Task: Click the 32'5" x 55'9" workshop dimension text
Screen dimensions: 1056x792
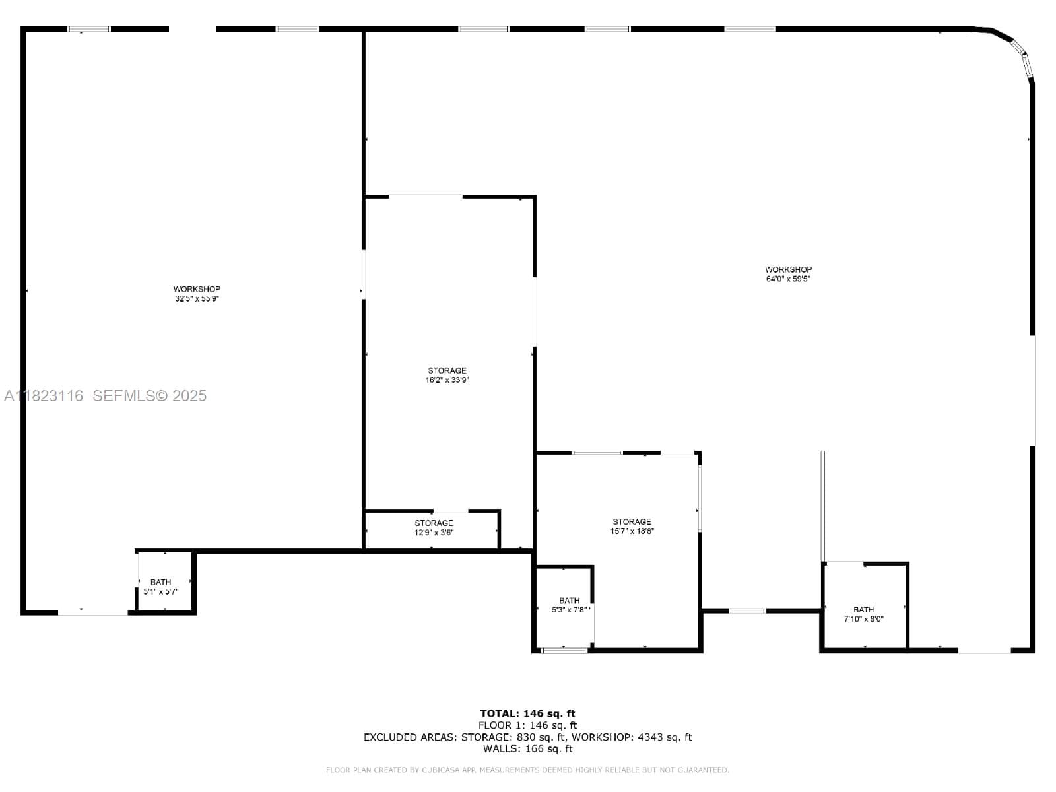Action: tap(197, 298)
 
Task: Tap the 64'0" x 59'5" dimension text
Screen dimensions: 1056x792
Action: tap(788, 279)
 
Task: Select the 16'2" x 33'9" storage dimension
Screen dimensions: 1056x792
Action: tap(447, 380)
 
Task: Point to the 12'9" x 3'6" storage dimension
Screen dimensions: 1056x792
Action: tap(434, 533)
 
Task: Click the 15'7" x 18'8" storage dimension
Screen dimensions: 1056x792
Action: tap(632, 531)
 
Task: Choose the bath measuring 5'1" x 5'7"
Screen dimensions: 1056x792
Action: tap(160, 587)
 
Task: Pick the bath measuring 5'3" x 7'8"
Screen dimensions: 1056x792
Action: tap(569, 605)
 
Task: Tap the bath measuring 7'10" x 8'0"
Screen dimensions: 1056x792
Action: tap(863, 614)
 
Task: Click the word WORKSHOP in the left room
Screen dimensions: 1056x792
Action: tap(197, 289)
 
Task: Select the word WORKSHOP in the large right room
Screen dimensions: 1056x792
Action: tap(788, 269)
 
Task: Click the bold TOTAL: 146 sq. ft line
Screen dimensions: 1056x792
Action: tap(527, 713)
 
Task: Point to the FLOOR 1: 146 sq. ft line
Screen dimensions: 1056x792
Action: tap(527, 725)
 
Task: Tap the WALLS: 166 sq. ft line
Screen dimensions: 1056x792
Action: tap(527, 748)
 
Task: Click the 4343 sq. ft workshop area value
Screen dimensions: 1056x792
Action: tap(665, 737)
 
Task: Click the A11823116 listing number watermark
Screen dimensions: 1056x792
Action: tap(44, 396)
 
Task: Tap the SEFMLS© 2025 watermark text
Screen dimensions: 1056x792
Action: tap(149, 396)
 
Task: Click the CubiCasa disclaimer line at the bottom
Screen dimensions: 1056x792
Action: tap(527, 770)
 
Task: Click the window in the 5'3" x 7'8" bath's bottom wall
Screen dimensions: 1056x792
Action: tap(565, 651)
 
